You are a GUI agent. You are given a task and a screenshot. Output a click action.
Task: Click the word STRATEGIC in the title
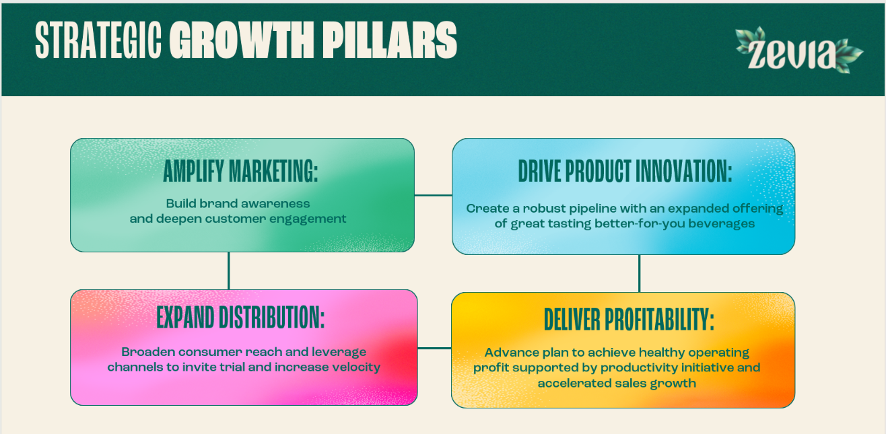click(x=98, y=40)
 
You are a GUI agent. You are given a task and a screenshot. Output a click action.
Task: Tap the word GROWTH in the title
click(x=242, y=40)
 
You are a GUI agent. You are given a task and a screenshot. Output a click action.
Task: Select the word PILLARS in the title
click(x=390, y=40)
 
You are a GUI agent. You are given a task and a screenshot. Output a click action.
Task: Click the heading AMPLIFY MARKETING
click(x=240, y=171)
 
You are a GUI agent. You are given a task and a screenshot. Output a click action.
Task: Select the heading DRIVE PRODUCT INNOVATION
click(x=625, y=171)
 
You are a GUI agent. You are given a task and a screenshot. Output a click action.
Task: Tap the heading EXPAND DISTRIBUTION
click(x=240, y=318)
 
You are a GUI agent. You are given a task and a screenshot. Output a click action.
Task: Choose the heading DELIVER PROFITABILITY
click(x=629, y=320)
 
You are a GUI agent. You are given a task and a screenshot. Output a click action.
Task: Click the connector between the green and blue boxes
click(x=433, y=195)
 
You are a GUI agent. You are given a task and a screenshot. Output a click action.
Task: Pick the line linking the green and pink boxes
click(x=229, y=270)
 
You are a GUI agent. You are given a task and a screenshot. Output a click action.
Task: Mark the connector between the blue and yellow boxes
click(x=639, y=274)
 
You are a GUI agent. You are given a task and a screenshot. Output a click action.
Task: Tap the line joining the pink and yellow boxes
click(x=434, y=349)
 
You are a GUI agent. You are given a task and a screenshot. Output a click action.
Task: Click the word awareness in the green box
click(x=275, y=204)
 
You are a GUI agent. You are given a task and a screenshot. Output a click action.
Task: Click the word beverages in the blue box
click(x=722, y=224)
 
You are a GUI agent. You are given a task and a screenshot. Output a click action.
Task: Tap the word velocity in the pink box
click(x=356, y=367)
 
